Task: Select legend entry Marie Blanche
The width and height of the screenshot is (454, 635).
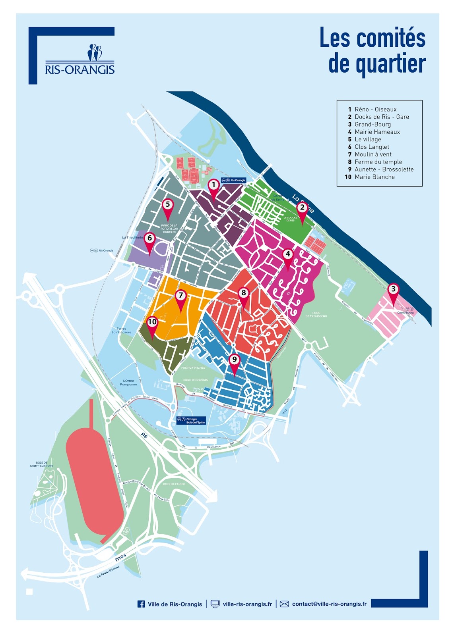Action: pyautogui.click(x=374, y=177)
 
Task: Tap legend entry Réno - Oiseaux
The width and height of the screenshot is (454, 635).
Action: pyautogui.click(x=375, y=110)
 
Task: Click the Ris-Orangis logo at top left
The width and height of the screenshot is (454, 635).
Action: pyautogui.click(x=80, y=60)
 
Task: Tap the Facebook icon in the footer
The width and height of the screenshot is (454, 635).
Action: pyautogui.click(x=141, y=604)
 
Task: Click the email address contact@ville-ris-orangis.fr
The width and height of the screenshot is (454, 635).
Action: pyautogui.click(x=329, y=604)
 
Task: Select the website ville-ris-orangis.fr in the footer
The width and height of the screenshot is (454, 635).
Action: pyautogui.click(x=247, y=604)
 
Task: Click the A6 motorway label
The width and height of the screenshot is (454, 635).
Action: pyautogui.click(x=144, y=436)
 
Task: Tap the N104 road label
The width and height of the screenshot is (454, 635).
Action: pyautogui.click(x=120, y=557)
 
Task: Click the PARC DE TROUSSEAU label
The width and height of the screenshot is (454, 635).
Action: pyautogui.click(x=316, y=314)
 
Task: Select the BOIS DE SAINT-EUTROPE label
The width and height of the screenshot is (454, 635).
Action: pyautogui.click(x=41, y=464)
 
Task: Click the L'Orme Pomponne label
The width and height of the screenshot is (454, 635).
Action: pyautogui.click(x=128, y=383)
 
